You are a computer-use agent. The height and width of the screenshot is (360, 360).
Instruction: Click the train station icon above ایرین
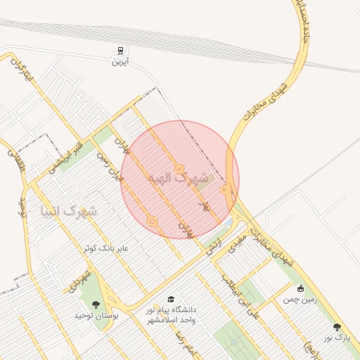point(120,51)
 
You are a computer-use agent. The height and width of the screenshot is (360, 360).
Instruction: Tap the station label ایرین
point(120,61)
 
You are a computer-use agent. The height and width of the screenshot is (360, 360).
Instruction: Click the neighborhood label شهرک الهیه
point(180,179)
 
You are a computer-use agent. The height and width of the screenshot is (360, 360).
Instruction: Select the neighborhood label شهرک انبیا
point(70,210)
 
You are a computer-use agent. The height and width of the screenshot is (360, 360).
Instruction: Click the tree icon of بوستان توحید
point(96,304)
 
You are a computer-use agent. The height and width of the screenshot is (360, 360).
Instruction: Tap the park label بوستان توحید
point(94,315)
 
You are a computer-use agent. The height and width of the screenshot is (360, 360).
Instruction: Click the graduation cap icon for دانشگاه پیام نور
point(171,300)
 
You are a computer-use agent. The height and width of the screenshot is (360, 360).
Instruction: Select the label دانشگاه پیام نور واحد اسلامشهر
point(171,314)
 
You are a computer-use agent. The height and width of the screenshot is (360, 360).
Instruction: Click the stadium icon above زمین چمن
point(301,288)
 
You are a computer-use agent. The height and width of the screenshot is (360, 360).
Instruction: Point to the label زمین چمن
point(300,300)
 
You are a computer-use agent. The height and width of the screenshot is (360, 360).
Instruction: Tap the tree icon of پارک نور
point(337,327)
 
